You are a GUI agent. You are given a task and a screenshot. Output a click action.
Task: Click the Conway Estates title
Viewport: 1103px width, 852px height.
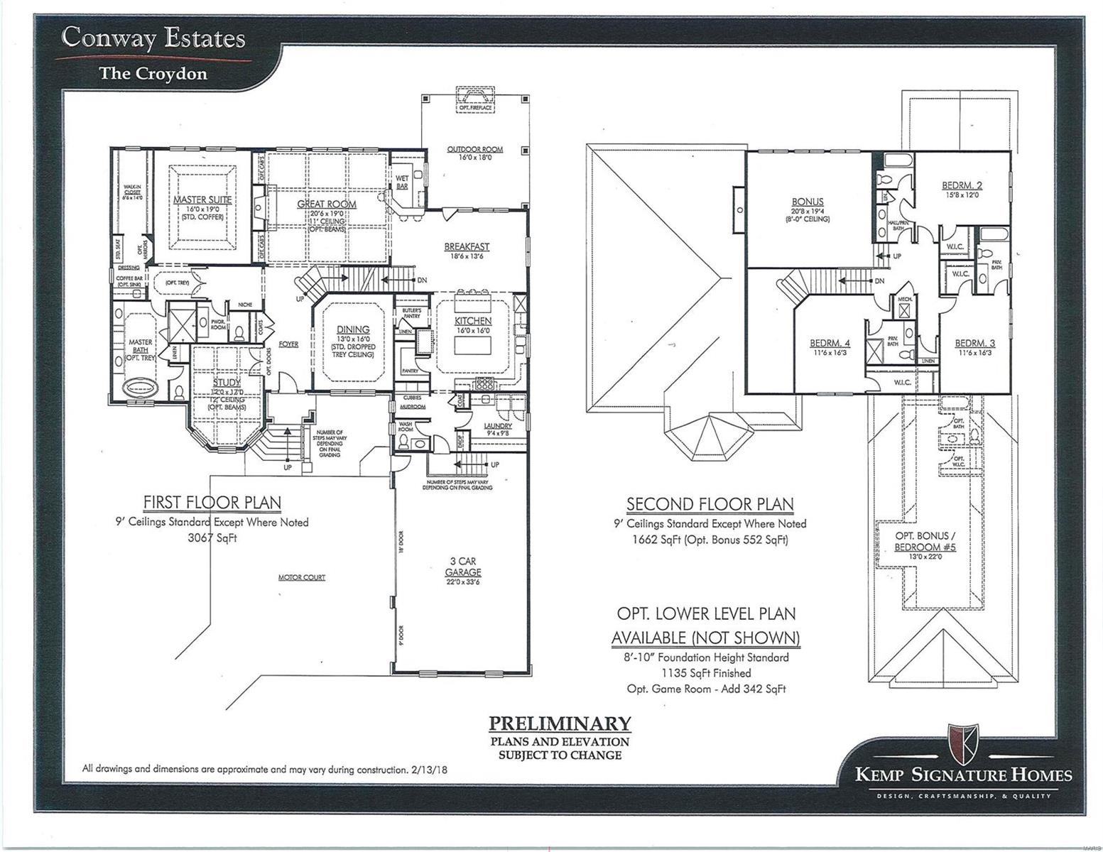point(153,38)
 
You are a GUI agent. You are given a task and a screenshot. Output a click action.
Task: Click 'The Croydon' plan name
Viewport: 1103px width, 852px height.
point(153,72)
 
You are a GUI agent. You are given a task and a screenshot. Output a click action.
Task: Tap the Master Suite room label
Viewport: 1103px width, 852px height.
point(202,200)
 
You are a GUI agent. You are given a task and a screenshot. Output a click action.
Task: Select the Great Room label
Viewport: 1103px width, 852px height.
point(327,204)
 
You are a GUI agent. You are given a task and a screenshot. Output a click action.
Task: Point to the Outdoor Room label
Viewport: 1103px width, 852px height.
point(474,149)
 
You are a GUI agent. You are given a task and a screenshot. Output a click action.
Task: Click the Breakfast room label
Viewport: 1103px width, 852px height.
point(467,246)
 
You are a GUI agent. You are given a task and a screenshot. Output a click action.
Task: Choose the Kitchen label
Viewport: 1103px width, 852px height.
point(473,321)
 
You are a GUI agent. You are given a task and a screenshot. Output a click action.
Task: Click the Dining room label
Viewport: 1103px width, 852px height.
point(353,329)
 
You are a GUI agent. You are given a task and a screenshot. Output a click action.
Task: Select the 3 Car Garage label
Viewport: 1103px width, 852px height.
point(463,567)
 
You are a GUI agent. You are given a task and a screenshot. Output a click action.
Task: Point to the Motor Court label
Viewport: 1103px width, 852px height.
point(301,577)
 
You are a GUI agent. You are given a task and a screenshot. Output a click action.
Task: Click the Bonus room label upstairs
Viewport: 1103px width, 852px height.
point(807,201)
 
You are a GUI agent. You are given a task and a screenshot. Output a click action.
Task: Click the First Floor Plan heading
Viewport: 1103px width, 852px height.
point(212,503)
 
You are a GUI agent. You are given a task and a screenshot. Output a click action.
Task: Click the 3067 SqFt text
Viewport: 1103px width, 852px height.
point(212,537)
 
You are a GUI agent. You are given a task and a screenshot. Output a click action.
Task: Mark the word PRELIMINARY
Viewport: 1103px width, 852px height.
point(560,723)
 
